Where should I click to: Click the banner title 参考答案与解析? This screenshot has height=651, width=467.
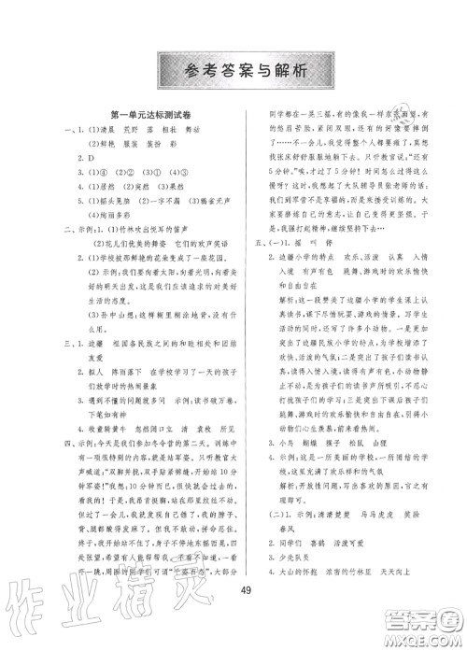[x=233, y=69]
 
